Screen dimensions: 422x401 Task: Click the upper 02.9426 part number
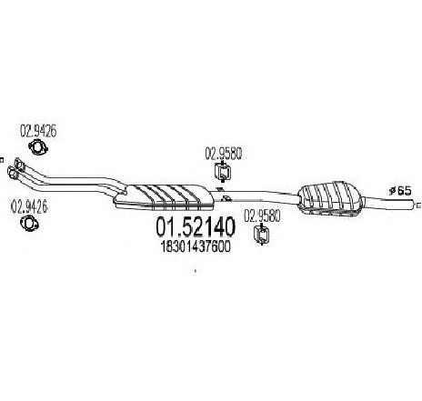pyautogui.click(x=38, y=131)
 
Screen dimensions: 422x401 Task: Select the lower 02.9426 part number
pyautogui.click(x=29, y=206)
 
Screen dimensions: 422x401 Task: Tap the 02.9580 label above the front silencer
pyautogui.click(x=224, y=154)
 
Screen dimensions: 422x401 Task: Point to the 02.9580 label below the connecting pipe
pyautogui.click(x=262, y=217)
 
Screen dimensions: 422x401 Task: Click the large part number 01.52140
pyautogui.click(x=196, y=227)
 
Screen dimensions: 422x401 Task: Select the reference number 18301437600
pyautogui.click(x=196, y=246)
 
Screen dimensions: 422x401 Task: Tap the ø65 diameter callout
pyautogui.click(x=399, y=191)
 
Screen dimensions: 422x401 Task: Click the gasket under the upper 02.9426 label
pyautogui.click(x=39, y=146)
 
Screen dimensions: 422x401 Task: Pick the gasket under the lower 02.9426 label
pyautogui.click(x=29, y=224)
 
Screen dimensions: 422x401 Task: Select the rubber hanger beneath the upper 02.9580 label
pyautogui.click(x=223, y=172)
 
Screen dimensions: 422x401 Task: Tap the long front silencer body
pyautogui.click(x=164, y=196)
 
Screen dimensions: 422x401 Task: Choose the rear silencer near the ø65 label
pyautogui.click(x=329, y=198)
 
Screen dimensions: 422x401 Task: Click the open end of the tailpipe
pyautogui.click(x=413, y=205)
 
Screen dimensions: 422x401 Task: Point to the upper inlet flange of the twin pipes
pyautogui.click(x=19, y=164)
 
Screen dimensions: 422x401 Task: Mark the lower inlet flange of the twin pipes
pyautogui.click(x=12, y=174)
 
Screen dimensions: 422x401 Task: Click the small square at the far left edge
pyautogui.click(x=1, y=159)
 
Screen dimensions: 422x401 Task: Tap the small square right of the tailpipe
pyautogui.click(x=419, y=206)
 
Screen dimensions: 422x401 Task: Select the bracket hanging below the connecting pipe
pyautogui.click(x=226, y=198)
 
